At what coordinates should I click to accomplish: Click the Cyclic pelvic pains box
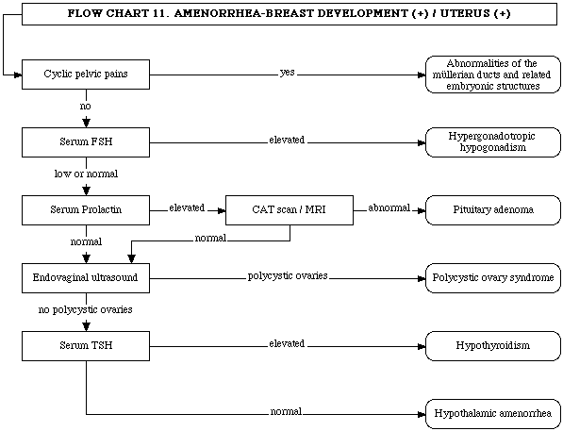(86, 75)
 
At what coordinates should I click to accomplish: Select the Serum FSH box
(86, 142)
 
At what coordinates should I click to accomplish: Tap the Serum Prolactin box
(86, 210)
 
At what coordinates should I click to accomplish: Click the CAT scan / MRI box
(290, 210)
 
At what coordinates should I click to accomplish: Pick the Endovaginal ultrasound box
(86, 278)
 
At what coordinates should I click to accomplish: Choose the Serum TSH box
(86, 346)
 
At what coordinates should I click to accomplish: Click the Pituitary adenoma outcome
(493, 210)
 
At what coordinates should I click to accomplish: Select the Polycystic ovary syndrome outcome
(493, 278)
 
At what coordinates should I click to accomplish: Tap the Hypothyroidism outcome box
(493, 346)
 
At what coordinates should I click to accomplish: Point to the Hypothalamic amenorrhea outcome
(493, 414)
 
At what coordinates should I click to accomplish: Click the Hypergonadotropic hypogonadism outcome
(493, 142)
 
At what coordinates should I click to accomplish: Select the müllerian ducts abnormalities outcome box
(493, 75)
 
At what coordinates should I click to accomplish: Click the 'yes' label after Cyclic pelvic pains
(288, 73)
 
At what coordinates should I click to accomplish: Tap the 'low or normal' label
(86, 174)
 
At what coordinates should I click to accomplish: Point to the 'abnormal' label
(389, 207)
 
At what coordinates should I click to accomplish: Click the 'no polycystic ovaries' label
(86, 309)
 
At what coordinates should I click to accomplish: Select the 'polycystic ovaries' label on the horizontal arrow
(288, 275)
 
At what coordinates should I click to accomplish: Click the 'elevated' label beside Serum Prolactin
(187, 207)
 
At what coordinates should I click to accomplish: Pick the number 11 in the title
(159, 13)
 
